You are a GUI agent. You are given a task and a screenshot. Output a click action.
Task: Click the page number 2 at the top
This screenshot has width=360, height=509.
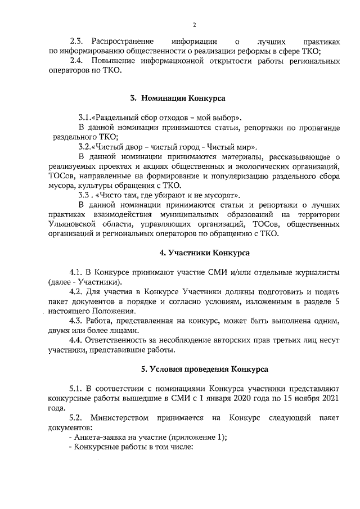(x=194, y=25)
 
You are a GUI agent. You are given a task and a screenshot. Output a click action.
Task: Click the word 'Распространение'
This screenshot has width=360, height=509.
(x=123, y=42)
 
